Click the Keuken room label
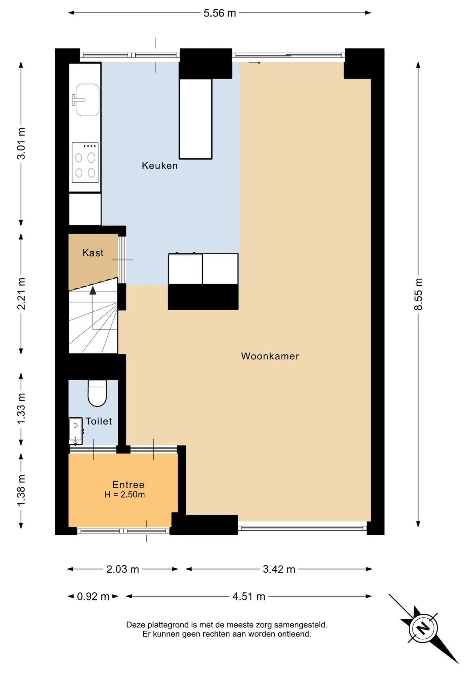click(160, 165)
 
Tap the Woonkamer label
click(270, 356)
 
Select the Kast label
click(93, 253)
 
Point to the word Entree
click(128, 484)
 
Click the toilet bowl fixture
click(97, 393)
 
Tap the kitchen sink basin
click(87, 100)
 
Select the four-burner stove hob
click(85, 163)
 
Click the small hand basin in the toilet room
click(75, 431)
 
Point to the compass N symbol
click(423, 628)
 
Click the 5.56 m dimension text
click(220, 13)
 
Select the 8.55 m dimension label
click(418, 294)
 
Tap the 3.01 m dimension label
click(21, 143)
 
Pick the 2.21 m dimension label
click(21, 294)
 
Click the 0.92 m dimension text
click(93, 596)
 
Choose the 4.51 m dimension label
click(249, 596)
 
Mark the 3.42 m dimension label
click(279, 569)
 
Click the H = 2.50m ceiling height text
click(125, 495)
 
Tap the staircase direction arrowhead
click(93, 290)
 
